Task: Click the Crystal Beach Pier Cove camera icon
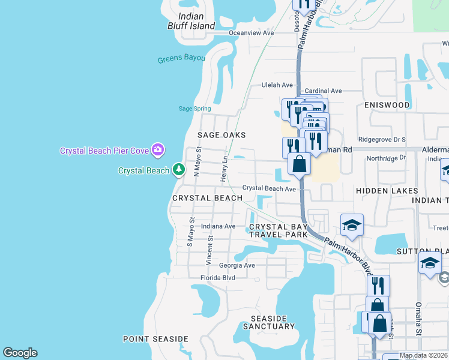point(158,149)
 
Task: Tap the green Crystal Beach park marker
point(178,170)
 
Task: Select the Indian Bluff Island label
point(191,21)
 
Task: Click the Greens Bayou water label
point(181,59)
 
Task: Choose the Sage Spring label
point(195,109)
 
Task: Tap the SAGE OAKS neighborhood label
point(222,135)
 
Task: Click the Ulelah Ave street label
point(277,85)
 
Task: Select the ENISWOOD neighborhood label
point(387,105)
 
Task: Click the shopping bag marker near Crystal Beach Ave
point(298,164)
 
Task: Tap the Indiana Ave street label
point(218,226)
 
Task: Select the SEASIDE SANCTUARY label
point(269,322)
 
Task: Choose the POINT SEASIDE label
point(155,339)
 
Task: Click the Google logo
point(20,353)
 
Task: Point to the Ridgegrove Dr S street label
point(382,139)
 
